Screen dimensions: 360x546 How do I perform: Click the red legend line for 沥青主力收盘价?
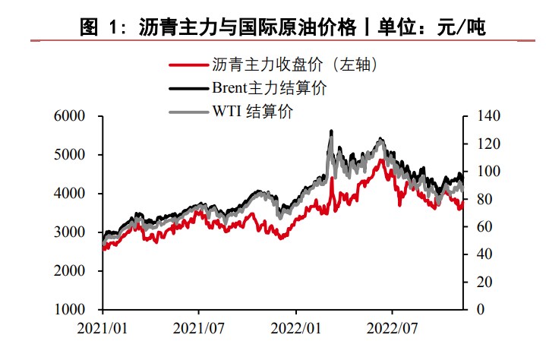tap(188, 65)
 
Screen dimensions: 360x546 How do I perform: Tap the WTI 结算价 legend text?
tap(254, 112)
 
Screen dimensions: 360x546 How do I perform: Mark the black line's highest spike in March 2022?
tap(331, 131)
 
